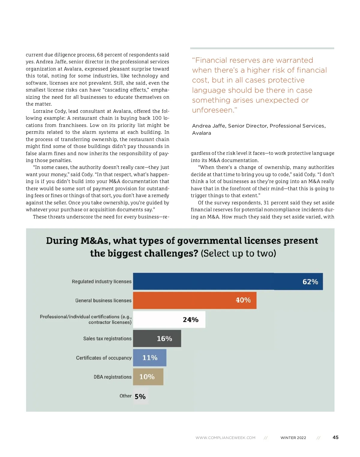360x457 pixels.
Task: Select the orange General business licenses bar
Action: click(x=186, y=300)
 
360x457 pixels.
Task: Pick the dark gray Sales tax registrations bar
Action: click(x=147, y=338)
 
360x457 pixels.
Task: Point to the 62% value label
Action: click(x=310, y=282)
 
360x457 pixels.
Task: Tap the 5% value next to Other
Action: click(x=140, y=397)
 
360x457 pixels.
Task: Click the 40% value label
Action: click(x=243, y=300)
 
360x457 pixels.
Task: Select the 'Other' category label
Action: click(x=125, y=396)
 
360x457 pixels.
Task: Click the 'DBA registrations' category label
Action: click(x=112, y=377)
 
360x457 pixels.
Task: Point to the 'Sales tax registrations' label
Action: click(x=107, y=338)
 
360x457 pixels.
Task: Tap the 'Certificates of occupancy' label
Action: click(x=104, y=358)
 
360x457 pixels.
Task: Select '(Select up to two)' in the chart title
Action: click(x=238, y=254)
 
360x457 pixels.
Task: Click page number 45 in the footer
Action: click(x=335, y=437)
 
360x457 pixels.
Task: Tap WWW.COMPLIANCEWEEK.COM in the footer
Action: click(x=226, y=438)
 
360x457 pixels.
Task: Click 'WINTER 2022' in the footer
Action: click(x=293, y=438)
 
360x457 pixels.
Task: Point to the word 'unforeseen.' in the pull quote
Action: click(x=214, y=110)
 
